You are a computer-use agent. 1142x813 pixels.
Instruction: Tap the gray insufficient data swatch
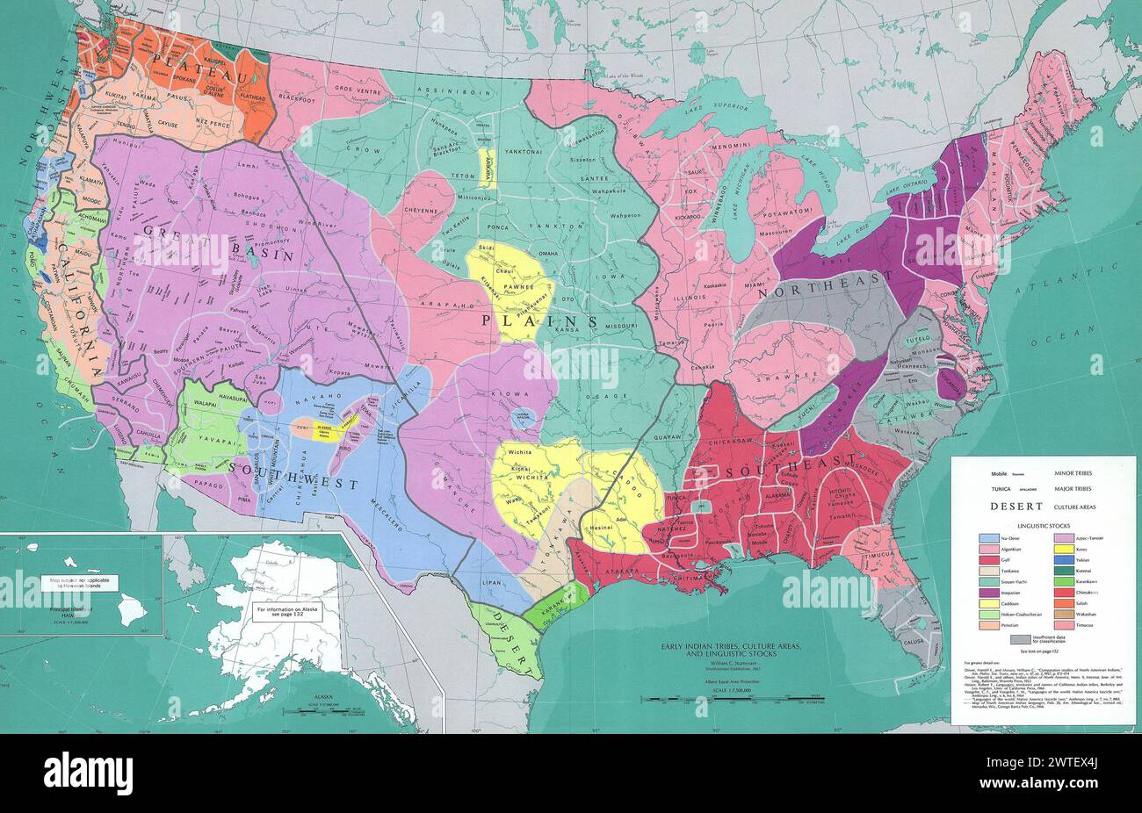[x=1019, y=637]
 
